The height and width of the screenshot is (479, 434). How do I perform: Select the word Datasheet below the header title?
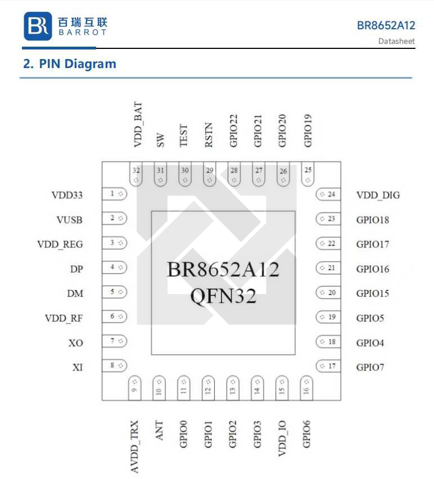[x=396, y=41]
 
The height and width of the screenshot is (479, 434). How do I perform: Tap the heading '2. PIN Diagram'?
[x=69, y=64]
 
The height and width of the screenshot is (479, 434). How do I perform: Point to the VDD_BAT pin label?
[x=138, y=125]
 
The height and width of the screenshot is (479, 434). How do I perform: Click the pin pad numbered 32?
[x=136, y=174]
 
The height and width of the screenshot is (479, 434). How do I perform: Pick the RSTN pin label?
[x=209, y=135]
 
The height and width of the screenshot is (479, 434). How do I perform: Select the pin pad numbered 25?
[x=308, y=174]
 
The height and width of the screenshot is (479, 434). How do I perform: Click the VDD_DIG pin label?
[x=378, y=195]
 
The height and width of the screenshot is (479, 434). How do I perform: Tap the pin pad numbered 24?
[x=328, y=195]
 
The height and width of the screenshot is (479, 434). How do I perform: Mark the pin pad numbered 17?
[x=328, y=367]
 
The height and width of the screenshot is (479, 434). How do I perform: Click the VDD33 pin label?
[x=67, y=195]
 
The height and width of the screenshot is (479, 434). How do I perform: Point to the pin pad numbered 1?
[x=115, y=194]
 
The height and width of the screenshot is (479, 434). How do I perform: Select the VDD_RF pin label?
[x=64, y=318]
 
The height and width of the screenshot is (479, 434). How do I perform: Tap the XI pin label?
[x=78, y=367]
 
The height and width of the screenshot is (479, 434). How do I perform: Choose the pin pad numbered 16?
[x=306, y=387]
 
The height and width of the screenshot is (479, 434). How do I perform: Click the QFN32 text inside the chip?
[x=223, y=295]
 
